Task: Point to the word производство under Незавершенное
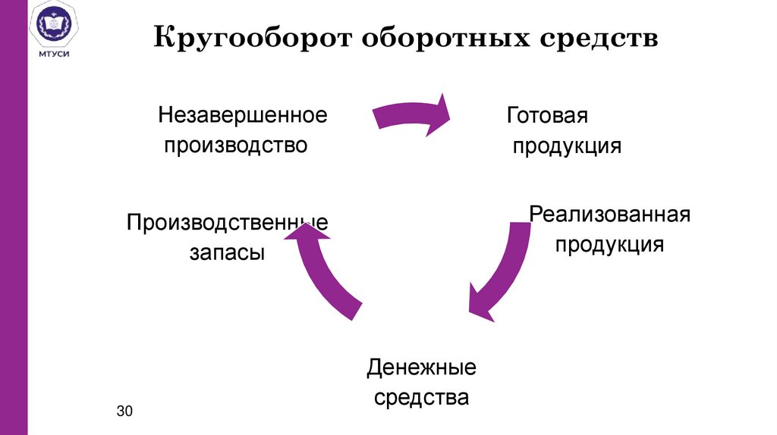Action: point(237,144)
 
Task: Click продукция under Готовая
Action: point(567,145)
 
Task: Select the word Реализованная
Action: point(609,214)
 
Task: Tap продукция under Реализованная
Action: point(609,244)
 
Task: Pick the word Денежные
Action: point(421,369)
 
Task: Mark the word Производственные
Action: point(228,224)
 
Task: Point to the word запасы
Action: point(228,252)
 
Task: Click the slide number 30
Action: point(124,412)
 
